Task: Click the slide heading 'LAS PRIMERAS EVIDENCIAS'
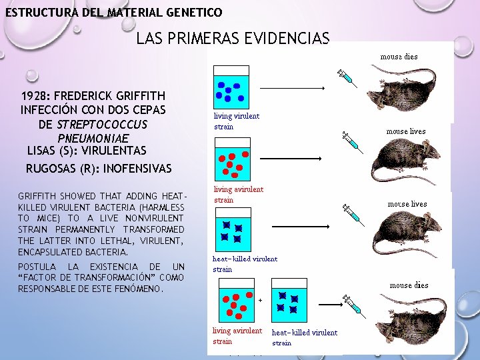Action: click(233, 39)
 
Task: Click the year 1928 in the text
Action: click(36, 97)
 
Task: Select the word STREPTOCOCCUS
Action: click(102, 125)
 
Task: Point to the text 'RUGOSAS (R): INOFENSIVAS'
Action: click(99, 168)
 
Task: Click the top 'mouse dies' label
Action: click(399, 57)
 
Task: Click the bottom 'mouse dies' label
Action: click(409, 285)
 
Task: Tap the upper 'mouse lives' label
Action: click(406, 131)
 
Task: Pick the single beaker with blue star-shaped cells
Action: click(231, 229)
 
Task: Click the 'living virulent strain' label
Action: click(237, 121)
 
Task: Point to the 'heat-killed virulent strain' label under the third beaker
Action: click(245, 264)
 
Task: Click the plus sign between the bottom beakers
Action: click(259, 301)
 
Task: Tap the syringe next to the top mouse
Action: click(347, 78)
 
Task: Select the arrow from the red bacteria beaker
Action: click(291, 159)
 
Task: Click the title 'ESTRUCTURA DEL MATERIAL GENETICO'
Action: click(113, 12)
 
